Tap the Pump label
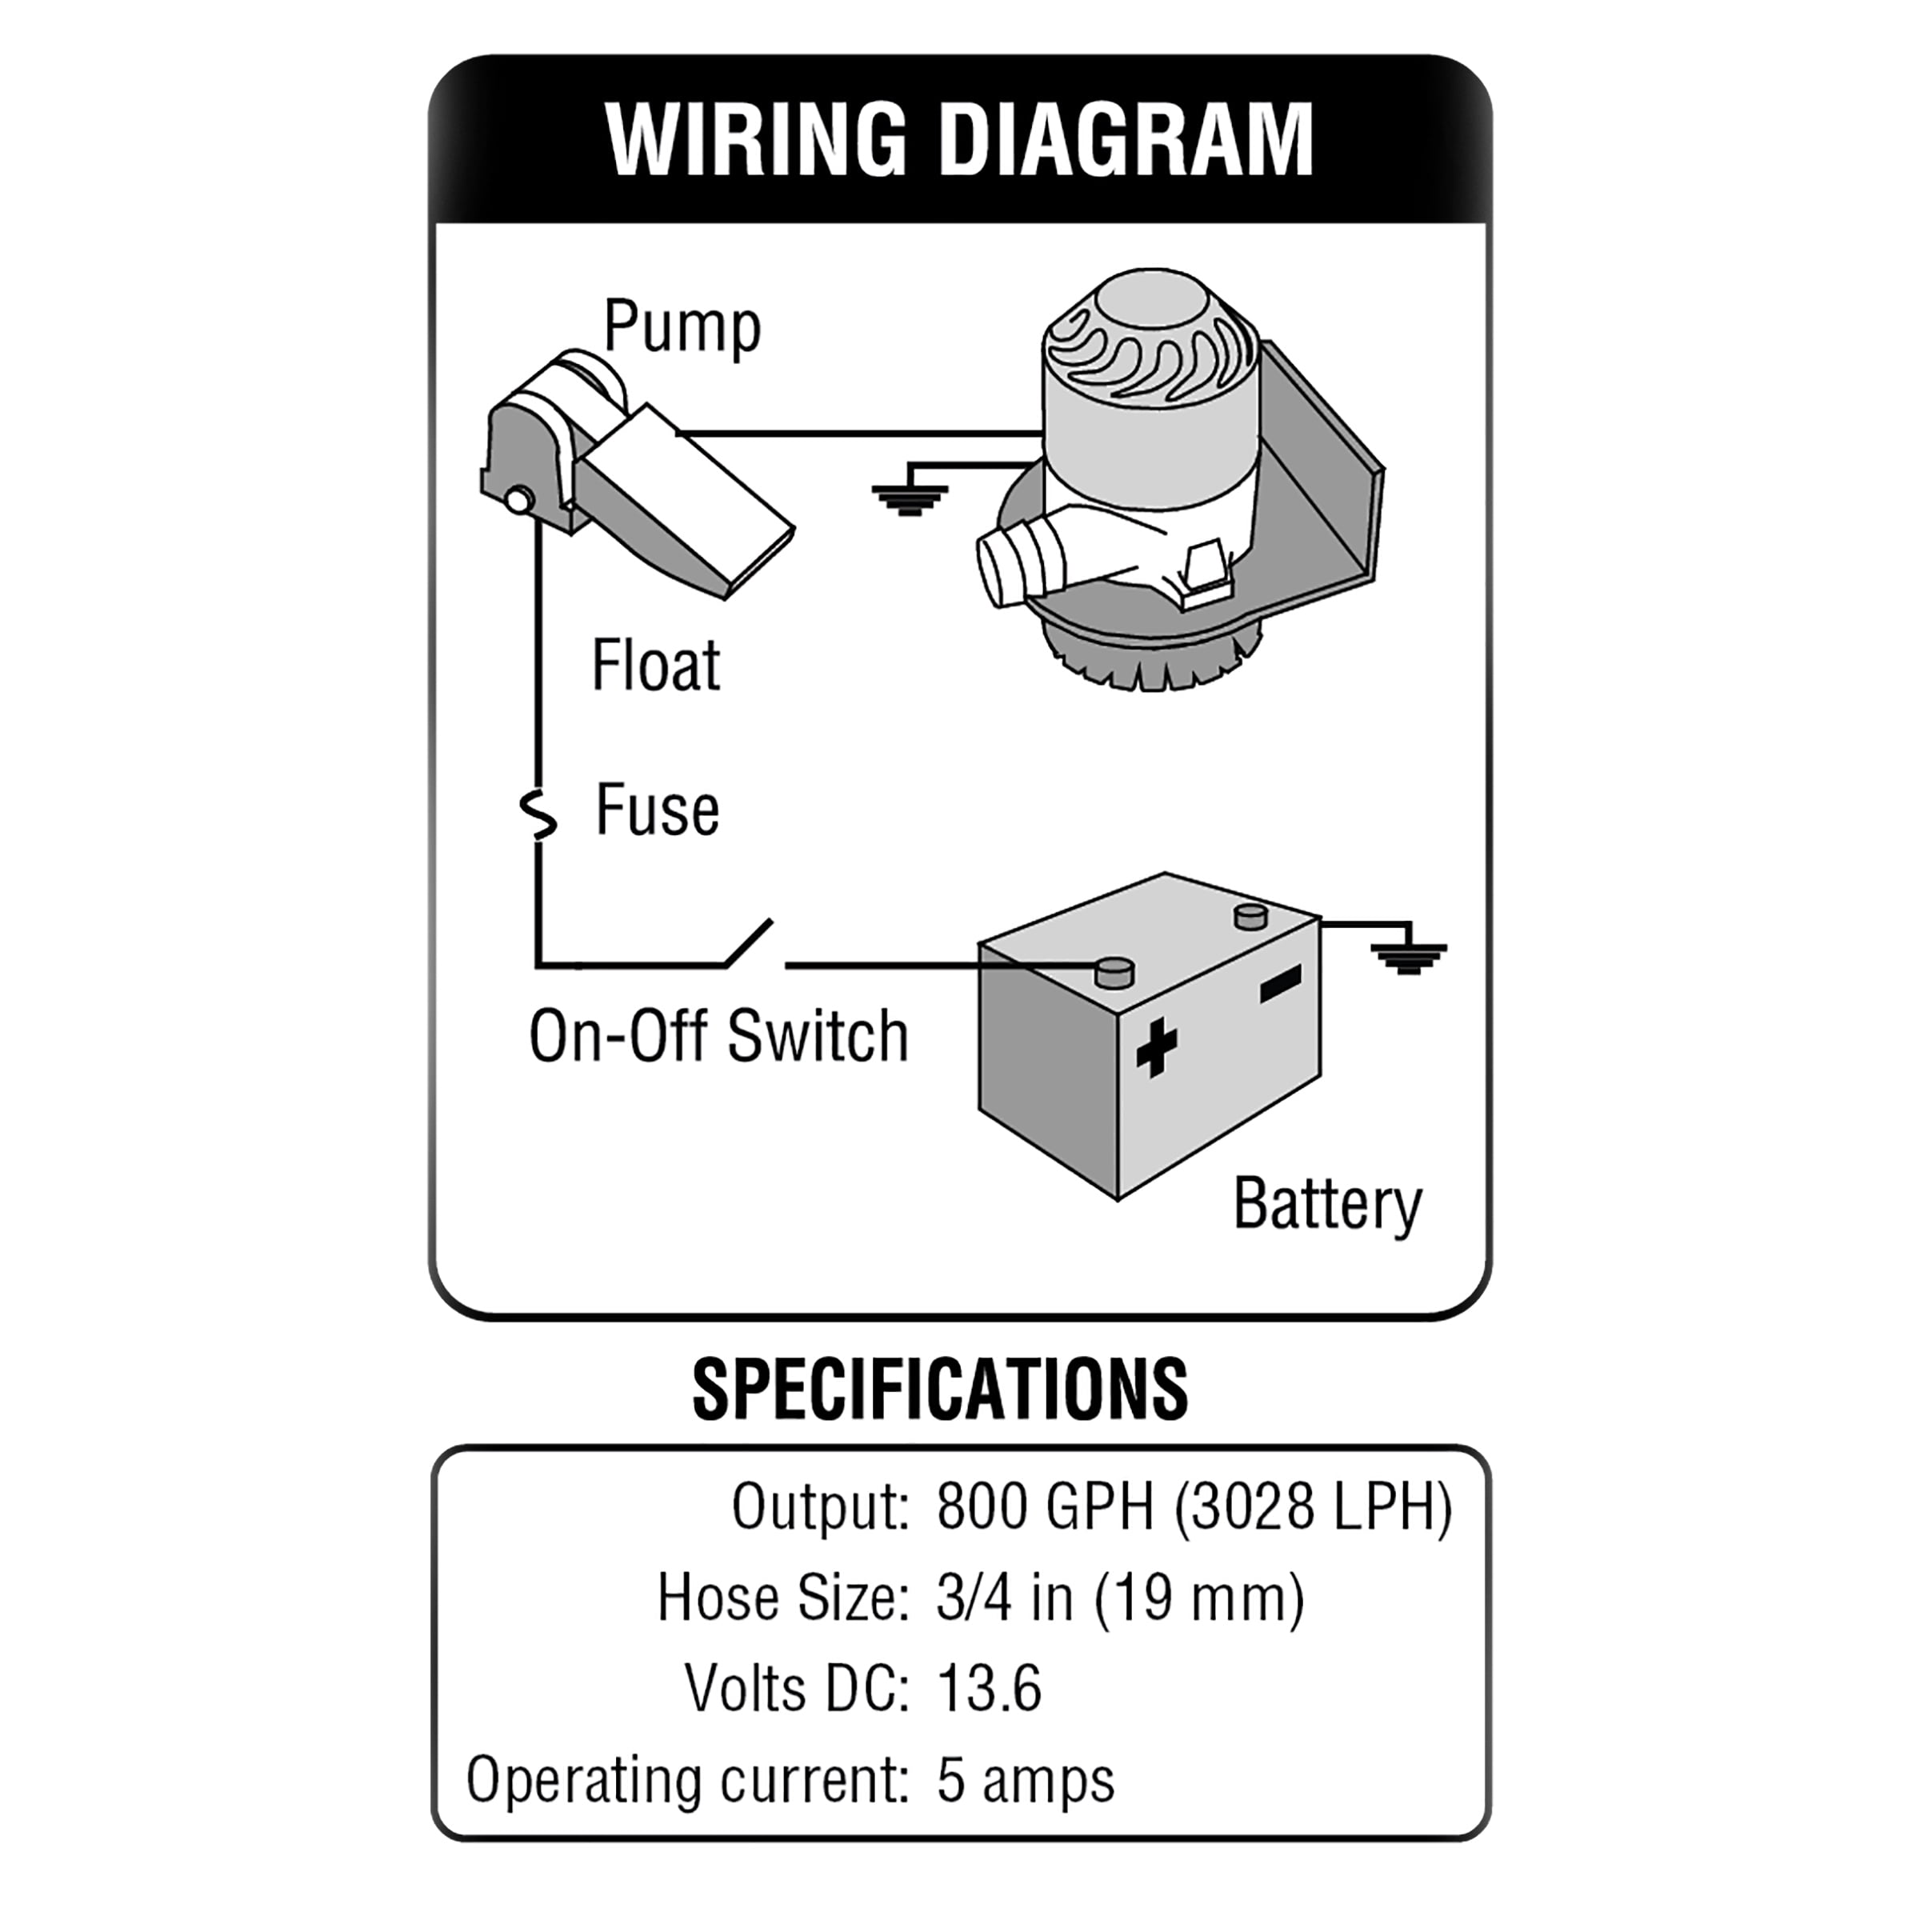(x=682, y=326)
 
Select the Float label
(x=655, y=665)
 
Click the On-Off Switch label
(x=718, y=1037)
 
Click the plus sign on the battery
(x=1156, y=1046)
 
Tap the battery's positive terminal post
(x=1113, y=972)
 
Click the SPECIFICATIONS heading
(x=939, y=1390)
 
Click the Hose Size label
(x=783, y=1598)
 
